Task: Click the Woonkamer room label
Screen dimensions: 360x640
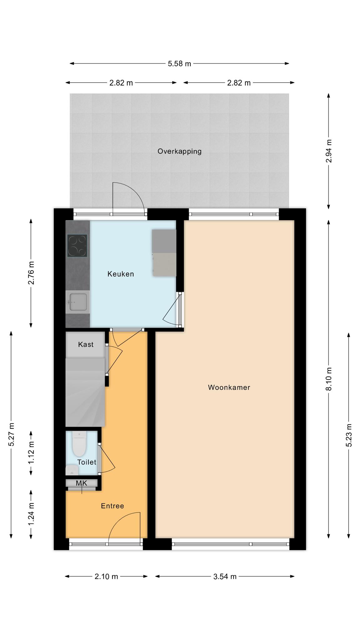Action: (229, 387)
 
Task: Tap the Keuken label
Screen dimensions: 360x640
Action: (121, 274)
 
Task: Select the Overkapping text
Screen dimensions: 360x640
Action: (179, 152)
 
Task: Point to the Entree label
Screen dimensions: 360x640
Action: (112, 506)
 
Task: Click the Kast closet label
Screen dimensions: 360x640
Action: (86, 344)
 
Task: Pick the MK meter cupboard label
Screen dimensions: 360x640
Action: (82, 483)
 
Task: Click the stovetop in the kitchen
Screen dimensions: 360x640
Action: (77, 246)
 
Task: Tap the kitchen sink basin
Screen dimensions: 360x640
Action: (78, 302)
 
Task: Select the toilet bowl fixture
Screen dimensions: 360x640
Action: (79, 444)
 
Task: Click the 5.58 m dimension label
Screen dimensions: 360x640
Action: (179, 64)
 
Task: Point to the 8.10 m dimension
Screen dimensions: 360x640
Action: (328, 379)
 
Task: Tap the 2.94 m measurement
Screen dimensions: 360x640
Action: (328, 151)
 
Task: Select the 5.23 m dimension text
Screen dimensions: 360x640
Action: (349, 435)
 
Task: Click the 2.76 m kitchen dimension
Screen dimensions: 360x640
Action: (31, 273)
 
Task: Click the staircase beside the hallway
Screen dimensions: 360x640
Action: (85, 392)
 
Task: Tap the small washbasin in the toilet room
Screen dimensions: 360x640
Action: (72, 470)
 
